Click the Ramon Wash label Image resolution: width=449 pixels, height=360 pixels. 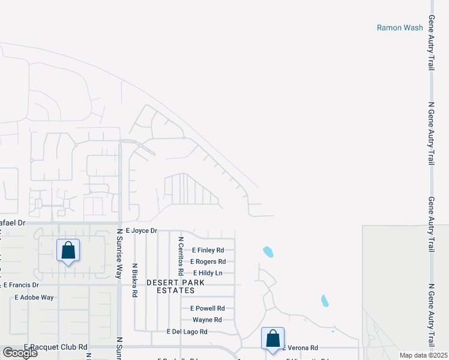coord(400,28)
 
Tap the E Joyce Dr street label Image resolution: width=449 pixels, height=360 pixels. coord(141,230)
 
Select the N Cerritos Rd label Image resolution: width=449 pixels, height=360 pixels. coord(180,256)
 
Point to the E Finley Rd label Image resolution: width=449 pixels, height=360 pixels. coord(208,250)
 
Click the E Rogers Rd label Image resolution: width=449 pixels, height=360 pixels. coord(208,262)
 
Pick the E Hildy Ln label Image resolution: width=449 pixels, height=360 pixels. coord(208,273)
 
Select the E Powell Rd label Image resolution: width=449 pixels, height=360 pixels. coord(208,308)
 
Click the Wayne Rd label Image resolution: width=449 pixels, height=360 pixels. coord(207,320)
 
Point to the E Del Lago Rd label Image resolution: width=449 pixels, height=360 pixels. coord(187,331)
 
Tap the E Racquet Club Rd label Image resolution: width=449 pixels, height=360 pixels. coord(56,347)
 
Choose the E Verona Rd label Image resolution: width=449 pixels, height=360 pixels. coord(300,348)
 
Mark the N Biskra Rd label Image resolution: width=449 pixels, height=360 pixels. coord(135,280)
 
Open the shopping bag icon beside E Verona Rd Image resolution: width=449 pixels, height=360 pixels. coord(273,338)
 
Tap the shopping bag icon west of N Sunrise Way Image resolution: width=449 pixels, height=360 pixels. coord(68,250)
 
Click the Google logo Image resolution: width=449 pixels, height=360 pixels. coord(20,353)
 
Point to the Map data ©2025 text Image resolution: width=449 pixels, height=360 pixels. coord(423,355)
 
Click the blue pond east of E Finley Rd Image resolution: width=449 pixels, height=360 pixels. coord(268,251)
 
